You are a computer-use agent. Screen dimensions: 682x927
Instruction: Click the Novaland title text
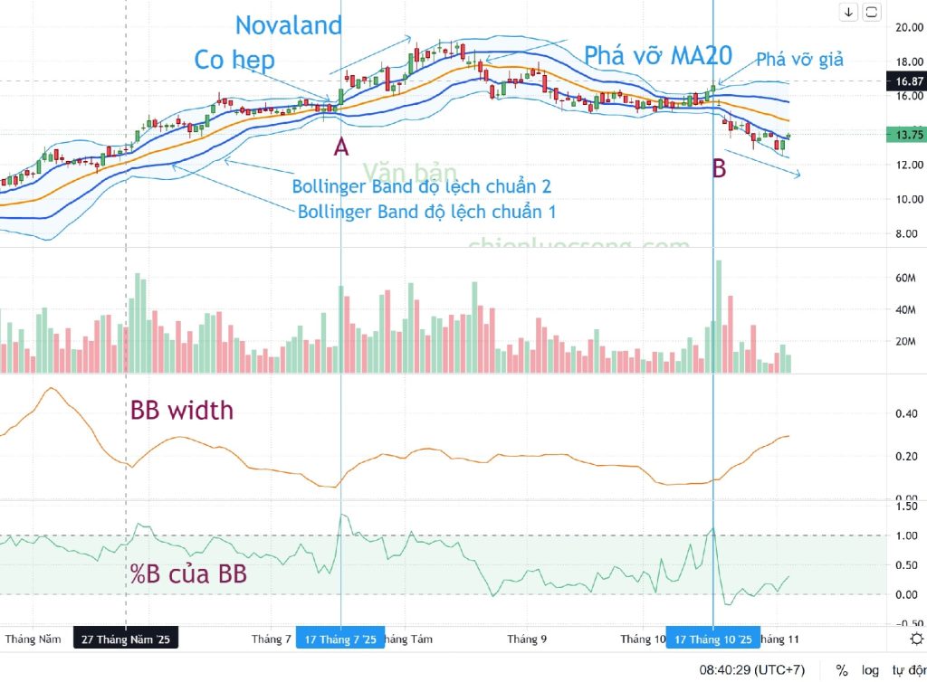click(x=289, y=25)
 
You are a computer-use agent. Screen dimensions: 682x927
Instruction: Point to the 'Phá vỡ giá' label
click(x=800, y=60)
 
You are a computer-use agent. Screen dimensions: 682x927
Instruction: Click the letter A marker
click(x=340, y=147)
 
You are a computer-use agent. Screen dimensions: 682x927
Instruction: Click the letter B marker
click(x=719, y=168)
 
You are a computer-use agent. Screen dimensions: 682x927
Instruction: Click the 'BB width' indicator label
click(x=182, y=411)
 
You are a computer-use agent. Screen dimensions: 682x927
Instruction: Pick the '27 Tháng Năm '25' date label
click(x=125, y=639)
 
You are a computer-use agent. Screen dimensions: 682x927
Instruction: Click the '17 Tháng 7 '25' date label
click(x=340, y=639)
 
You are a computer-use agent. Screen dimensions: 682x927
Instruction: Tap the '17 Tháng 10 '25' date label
click(x=712, y=639)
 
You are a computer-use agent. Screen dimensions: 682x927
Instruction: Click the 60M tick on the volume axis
click(x=906, y=279)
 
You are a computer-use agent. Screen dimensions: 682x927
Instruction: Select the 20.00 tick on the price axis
click(x=908, y=27)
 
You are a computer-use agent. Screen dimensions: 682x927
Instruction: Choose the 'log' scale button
click(x=870, y=670)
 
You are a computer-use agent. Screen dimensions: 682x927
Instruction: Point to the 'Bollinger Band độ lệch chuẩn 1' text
click(x=426, y=212)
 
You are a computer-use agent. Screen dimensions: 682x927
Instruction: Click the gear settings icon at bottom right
click(x=916, y=639)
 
